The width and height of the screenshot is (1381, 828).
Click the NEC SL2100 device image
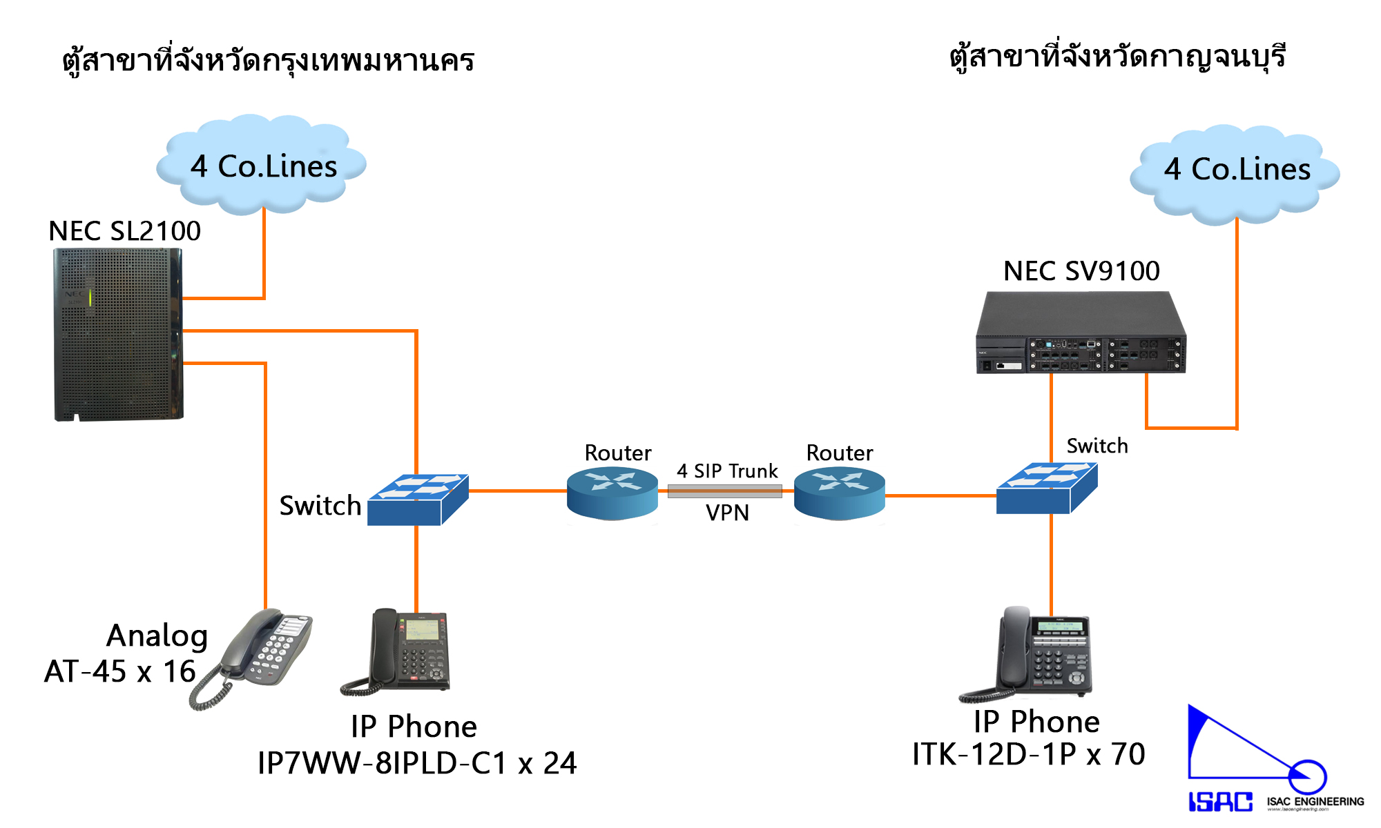pyautogui.click(x=118, y=335)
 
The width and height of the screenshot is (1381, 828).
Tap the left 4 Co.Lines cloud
pyautogui.click(x=262, y=166)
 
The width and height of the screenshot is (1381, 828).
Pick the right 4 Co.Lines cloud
pyautogui.click(x=1236, y=170)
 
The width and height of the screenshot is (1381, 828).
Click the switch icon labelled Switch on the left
pyautogui.click(x=418, y=500)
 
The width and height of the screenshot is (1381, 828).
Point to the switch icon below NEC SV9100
pyautogui.click(x=1047, y=489)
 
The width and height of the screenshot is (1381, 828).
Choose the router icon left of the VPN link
pyautogui.click(x=612, y=492)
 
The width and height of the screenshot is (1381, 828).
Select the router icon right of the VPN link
pyautogui.click(x=840, y=492)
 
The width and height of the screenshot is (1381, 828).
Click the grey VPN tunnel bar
pyautogui.click(x=724, y=491)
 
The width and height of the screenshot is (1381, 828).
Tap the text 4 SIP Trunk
pyautogui.click(x=727, y=471)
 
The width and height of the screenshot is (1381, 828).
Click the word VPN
pyautogui.click(x=727, y=513)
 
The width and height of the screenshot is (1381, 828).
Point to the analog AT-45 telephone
pyautogui.click(x=255, y=655)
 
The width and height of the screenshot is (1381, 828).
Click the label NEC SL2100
pyautogui.click(x=125, y=231)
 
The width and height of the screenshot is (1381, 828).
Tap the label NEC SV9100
pyautogui.click(x=1081, y=271)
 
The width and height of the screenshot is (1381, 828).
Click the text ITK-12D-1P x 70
pyautogui.click(x=1029, y=754)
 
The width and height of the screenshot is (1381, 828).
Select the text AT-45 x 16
pyautogui.click(x=120, y=671)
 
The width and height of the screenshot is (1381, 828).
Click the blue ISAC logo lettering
pyautogui.click(x=1220, y=802)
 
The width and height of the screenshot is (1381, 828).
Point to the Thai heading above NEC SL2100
pyautogui.click(x=268, y=61)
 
